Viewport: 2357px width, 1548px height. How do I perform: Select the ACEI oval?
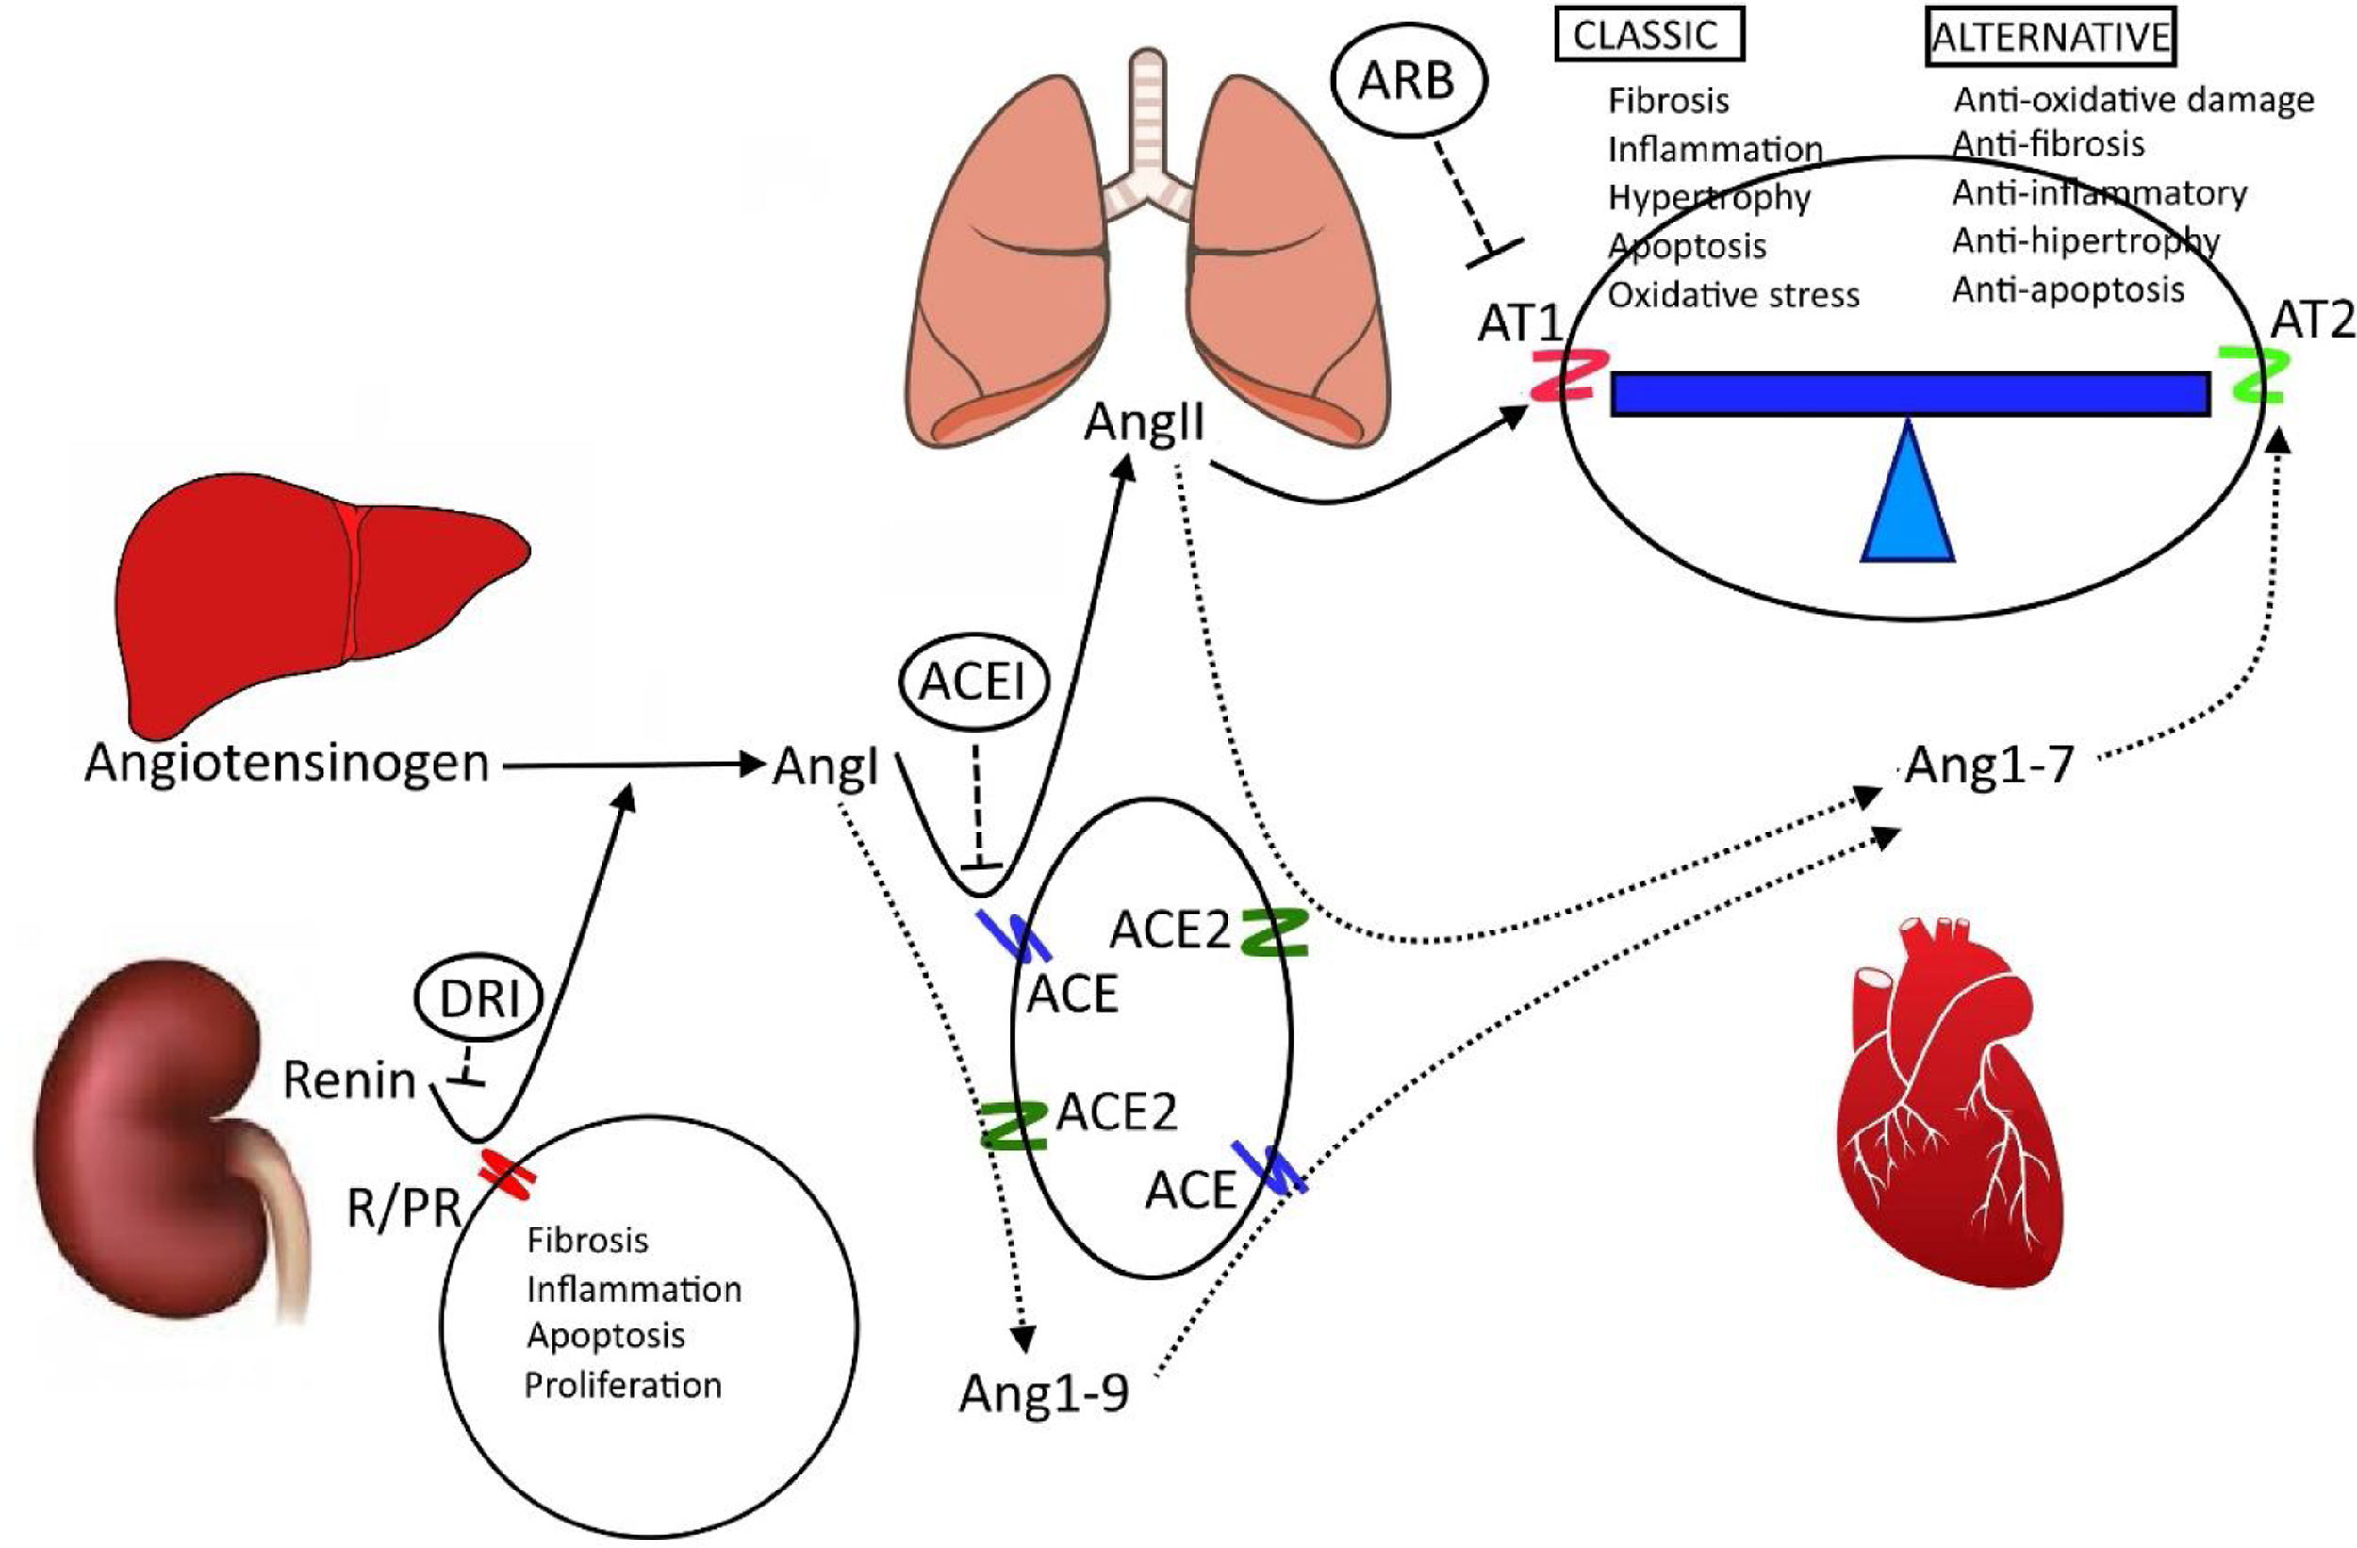click(973, 683)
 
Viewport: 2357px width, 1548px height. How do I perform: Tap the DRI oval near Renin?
click(479, 1001)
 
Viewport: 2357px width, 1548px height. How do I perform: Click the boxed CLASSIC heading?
click(1645, 36)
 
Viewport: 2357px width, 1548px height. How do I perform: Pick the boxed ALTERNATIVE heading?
click(2051, 37)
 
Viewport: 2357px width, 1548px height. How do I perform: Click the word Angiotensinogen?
click(288, 765)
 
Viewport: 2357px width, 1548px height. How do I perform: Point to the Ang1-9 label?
click(1043, 1395)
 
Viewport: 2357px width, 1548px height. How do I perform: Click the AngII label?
click(1144, 424)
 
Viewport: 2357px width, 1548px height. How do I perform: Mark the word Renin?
click(349, 1080)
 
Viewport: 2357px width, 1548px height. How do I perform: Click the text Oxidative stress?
click(1733, 295)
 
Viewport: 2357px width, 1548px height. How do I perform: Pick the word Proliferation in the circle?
click(623, 1385)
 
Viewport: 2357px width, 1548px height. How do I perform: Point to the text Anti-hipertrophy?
click(2085, 240)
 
